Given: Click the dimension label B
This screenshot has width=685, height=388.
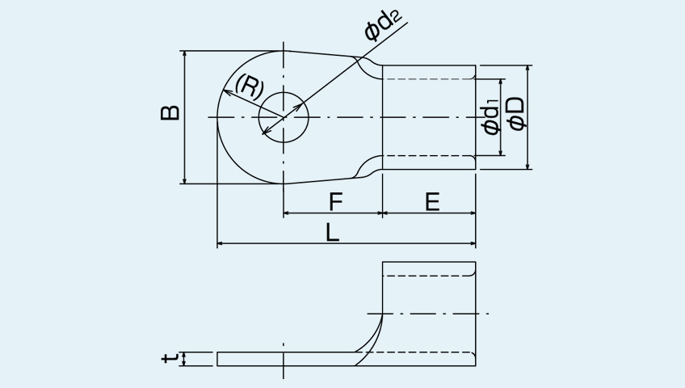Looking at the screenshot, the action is pyautogui.click(x=170, y=112).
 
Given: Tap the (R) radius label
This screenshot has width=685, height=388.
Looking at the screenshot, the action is pyautogui.click(x=250, y=87).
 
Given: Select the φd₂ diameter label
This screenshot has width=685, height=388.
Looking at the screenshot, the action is pyautogui.click(x=383, y=26).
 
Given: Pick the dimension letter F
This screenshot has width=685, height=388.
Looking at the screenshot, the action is pyautogui.click(x=335, y=202).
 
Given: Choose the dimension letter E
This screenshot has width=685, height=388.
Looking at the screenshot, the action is pyautogui.click(x=432, y=202).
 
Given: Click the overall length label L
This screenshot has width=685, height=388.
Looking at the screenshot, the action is pyautogui.click(x=333, y=232).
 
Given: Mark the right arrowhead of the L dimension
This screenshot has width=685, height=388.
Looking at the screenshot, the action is pyautogui.click(x=473, y=243).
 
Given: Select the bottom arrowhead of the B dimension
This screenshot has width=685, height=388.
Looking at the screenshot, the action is pyautogui.click(x=185, y=180).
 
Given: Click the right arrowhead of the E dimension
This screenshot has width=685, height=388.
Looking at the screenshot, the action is pyautogui.click(x=473, y=213).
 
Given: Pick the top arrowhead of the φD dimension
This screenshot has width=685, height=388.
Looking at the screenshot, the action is pyautogui.click(x=527, y=69).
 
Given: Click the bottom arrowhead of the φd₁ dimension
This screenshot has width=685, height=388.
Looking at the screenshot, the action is pyautogui.click(x=502, y=152).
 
